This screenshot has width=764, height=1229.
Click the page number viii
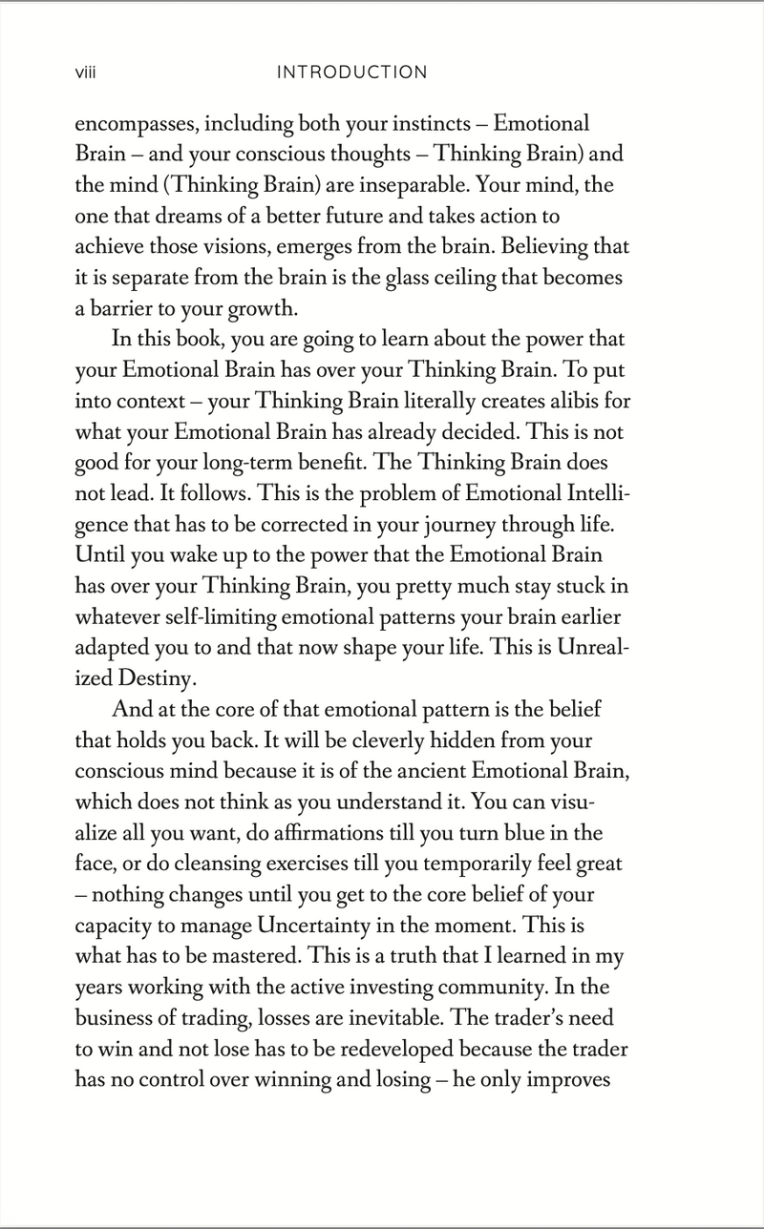[88, 73]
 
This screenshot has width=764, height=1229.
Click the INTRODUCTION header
[350, 73]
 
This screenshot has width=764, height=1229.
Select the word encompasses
[132, 125]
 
